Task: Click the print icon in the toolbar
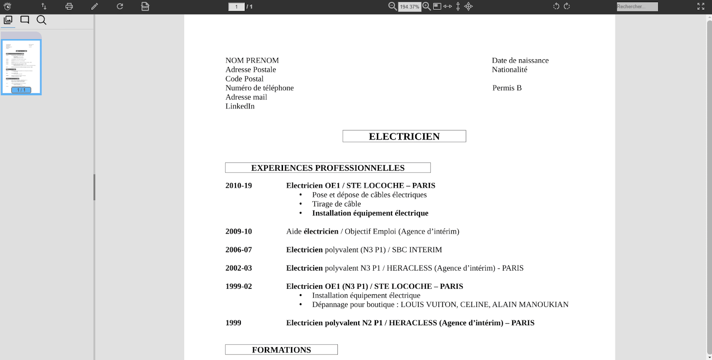pyautogui.click(x=69, y=6)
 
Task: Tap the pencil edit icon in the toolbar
pyautogui.click(x=94, y=6)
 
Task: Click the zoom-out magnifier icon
pyautogui.click(x=392, y=6)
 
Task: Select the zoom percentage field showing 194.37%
pyautogui.click(x=409, y=7)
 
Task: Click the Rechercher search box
pyautogui.click(x=637, y=7)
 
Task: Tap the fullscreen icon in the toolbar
pyautogui.click(x=701, y=6)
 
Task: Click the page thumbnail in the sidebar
pyautogui.click(x=21, y=67)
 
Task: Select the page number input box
pyautogui.click(x=236, y=7)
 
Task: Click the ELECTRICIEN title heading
pyautogui.click(x=404, y=137)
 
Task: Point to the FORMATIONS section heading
pyautogui.click(x=281, y=350)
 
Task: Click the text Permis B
pyautogui.click(x=507, y=88)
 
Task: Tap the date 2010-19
pyautogui.click(x=239, y=186)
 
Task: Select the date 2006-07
pyautogui.click(x=239, y=250)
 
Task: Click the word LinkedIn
pyautogui.click(x=240, y=106)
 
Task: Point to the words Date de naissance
pyautogui.click(x=520, y=61)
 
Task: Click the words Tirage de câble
pyautogui.click(x=336, y=204)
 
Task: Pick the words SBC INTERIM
pyautogui.click(x=417, y=250)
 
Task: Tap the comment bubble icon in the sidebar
pyautogui.click(x=25, y=20)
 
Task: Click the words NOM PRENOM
pyautogui.click(x=252, y=61)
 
